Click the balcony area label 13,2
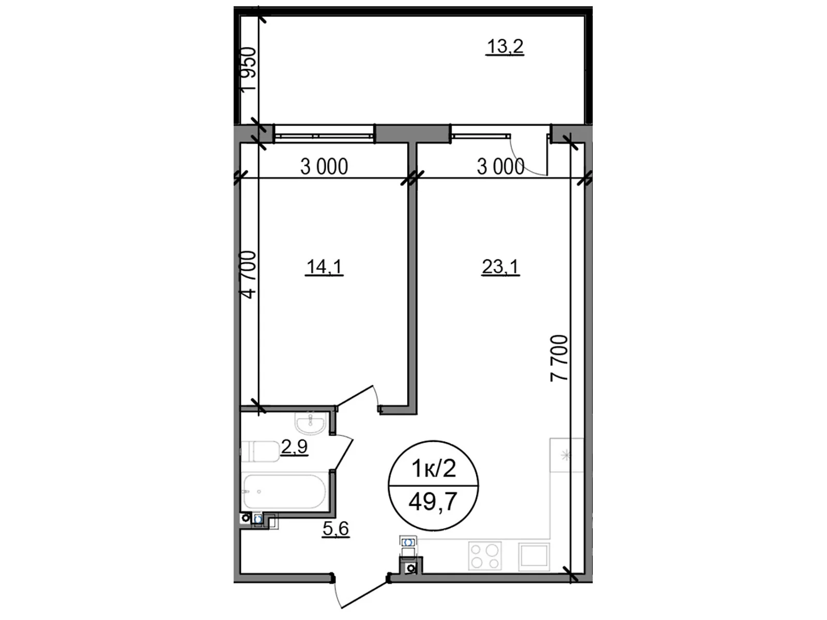pos(505,47)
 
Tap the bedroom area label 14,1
pos(325,267)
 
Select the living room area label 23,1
pos(500,267)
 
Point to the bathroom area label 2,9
pos(294,446)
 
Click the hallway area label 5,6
pos(335,529)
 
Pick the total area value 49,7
pos(433,501)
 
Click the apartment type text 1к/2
pos(433,469)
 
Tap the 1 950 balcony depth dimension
pos(249,69)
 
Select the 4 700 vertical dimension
pos(248,275)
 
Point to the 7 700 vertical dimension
pos(559,358)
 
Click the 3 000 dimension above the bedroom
pos(324,167)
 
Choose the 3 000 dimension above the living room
pos(500,167)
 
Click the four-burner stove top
pos(485,555)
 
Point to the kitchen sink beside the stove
pos(534,555)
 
